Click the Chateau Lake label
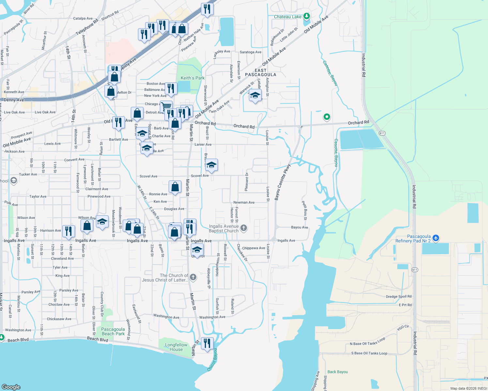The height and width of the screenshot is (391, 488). (x=287, y=17)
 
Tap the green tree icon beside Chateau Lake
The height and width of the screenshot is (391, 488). (x=306, y=16)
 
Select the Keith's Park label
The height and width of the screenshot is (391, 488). (x=192, y=78)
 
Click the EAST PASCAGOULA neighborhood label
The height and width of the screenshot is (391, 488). (x=260, y=73)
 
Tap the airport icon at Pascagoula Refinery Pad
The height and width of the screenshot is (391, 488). (x=436, y=238)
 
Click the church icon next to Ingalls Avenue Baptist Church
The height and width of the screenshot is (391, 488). (x=244, y=228)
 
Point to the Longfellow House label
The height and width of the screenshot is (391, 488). (x=176, y=347)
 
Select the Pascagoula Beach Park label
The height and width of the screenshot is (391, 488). (x=113, y=331)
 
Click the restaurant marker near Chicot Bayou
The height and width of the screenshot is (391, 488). (x=207, y=343)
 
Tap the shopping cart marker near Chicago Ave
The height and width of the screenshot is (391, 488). (x=166, y=106)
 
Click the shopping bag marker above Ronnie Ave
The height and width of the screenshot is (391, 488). (x=175, y=187)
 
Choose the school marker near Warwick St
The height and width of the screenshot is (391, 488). (x=255, y=95)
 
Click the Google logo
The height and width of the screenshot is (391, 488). (x=11, y=387)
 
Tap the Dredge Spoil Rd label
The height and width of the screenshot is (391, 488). (x=399, y=297)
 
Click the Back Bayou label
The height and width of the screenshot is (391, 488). (x=338, y=372)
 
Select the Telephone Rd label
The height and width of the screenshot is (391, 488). (x=87, y=27)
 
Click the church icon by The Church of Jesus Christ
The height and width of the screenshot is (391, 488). (x=193, y=277)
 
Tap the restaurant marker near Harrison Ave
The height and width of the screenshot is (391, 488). (x=68, y=231)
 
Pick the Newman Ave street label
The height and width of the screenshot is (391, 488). (x=244, y=202)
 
